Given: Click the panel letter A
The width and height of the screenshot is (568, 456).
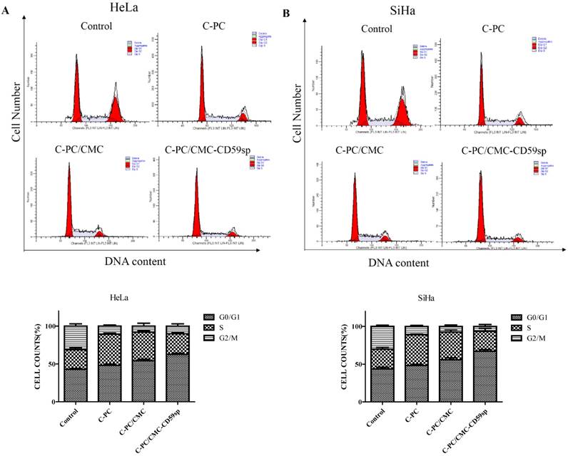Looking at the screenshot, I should [6, 13].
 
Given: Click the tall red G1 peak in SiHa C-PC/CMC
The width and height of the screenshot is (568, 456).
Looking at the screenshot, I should [355, 214].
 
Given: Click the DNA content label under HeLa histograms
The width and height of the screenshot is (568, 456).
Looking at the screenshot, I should [136, 261].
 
